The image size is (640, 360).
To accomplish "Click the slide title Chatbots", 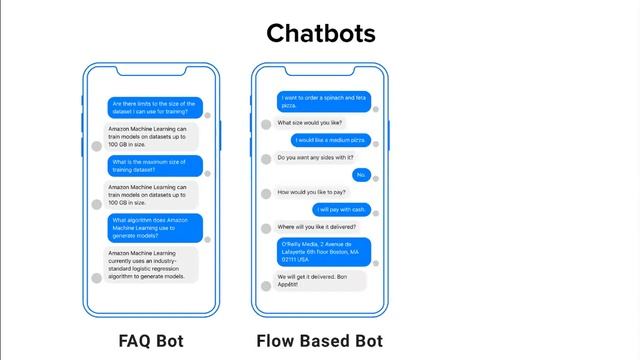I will pos(320,33).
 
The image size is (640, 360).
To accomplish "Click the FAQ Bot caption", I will pos(150,341).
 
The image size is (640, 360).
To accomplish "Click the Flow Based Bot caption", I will pos(319,341).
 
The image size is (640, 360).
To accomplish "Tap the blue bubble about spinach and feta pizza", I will pos(324,101).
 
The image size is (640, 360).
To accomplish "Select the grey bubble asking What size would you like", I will pos(309,123).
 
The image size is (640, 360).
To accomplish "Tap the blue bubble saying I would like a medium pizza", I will pos(331,140).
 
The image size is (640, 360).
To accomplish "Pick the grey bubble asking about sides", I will pos(314,157).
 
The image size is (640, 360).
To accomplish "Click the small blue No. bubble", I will pos(361,175).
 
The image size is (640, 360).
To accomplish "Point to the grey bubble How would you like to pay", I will pos(311,192).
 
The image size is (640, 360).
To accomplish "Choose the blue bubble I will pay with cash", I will pos(341,209).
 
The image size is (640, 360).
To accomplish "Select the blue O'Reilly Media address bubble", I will pos(324,252).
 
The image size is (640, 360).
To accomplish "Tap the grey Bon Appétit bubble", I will pos(319,280).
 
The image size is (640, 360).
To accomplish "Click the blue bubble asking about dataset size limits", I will pos(155,107).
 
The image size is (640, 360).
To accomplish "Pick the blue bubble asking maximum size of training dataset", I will pos(155,165).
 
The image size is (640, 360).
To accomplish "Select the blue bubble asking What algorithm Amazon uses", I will pos(155,227).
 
